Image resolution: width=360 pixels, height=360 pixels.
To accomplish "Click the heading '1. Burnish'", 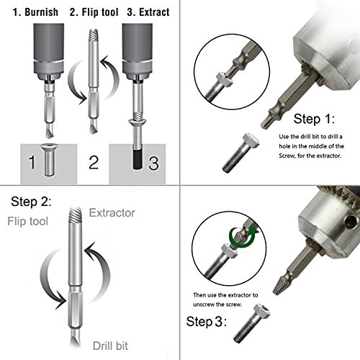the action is point(35,12).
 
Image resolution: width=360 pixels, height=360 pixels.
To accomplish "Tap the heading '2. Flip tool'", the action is point(94,12).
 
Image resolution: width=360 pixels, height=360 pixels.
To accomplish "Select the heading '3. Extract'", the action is point(148,12).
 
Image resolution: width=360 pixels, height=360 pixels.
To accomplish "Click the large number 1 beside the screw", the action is point(32,162).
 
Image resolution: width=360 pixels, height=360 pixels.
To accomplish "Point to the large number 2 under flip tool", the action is point(94,163).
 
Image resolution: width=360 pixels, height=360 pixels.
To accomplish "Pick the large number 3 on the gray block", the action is point(153,163).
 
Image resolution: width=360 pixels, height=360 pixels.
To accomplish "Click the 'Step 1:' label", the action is point(314,119).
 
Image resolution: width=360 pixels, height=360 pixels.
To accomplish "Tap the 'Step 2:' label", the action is point(31,202).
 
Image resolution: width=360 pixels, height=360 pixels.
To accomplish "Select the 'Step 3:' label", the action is point(207,322).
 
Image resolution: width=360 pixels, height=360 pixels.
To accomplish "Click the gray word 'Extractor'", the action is point(112,213).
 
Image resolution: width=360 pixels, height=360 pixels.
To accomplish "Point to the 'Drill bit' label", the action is point(110,346).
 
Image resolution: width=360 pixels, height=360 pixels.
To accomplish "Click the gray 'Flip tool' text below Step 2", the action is point(28,221).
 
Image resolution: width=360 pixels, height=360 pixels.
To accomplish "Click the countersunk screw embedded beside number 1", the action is point(49,160).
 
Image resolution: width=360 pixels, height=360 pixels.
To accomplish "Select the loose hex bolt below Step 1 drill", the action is point(240,153).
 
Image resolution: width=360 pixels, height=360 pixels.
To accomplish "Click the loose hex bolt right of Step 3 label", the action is point(251,323).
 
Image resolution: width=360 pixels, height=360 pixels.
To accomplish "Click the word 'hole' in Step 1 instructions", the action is point(284,146).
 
